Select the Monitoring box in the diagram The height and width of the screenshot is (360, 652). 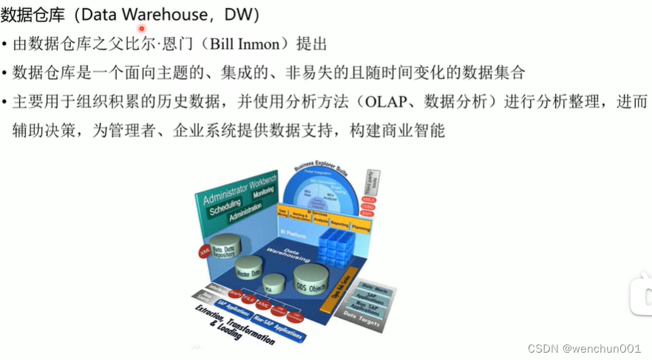(x=263, y=194)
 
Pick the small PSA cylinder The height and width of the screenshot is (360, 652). (x=274, y=283)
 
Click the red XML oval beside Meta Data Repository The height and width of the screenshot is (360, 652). (x=204, y=251)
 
